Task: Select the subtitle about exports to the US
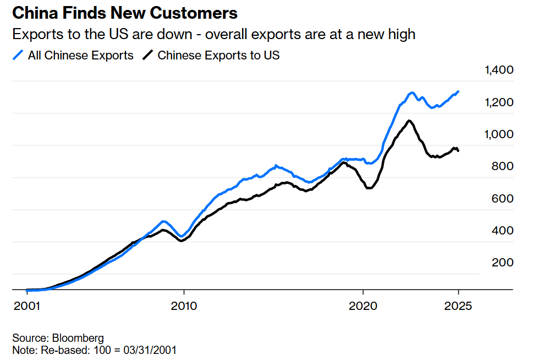[213, 34]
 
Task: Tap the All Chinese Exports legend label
[80, 55]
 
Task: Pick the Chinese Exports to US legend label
[218, 55]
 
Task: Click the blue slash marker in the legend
[18, 55]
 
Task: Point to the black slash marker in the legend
[148, 55]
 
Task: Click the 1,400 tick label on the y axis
[498, 70]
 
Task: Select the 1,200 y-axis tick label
[498, 102]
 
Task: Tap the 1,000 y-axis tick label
[498, 134]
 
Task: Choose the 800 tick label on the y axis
[502, 166]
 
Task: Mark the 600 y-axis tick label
[502, 199]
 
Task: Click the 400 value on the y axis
[502, 231]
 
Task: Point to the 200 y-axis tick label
[502, 263]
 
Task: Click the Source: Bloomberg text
[58, 338]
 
